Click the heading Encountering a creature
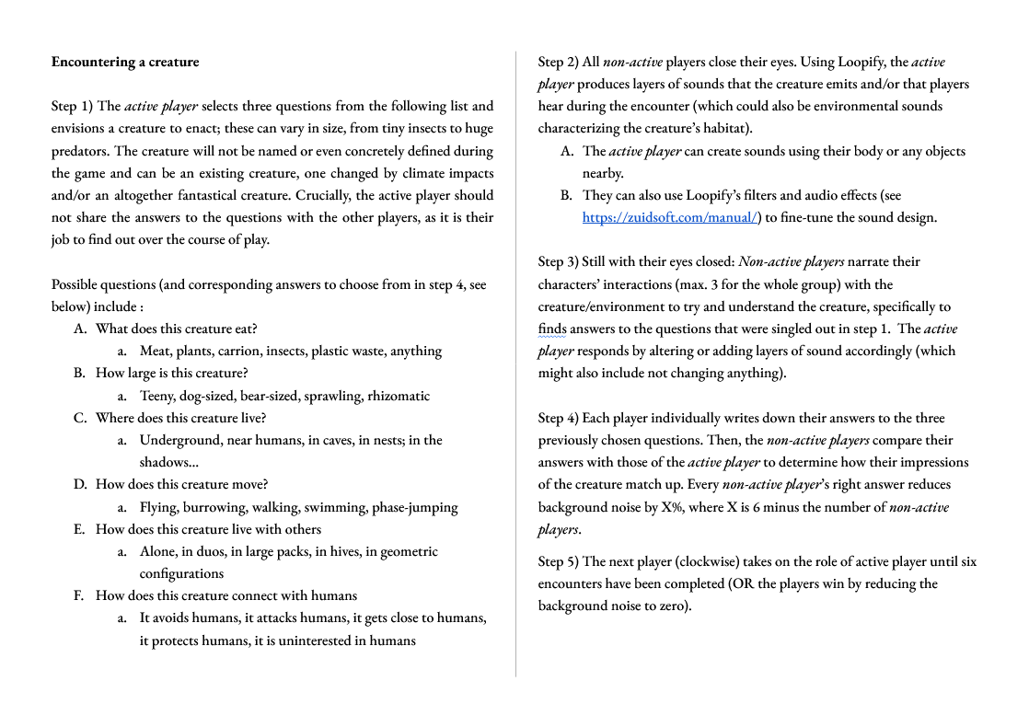coord(125,63)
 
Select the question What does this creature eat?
coord(176,329)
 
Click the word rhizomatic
coord(399,396)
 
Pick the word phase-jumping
coord(414,507)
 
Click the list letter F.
coord(79,595)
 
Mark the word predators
coord(80,151)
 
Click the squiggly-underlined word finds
coord(552,329)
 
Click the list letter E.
coord(79,529)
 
